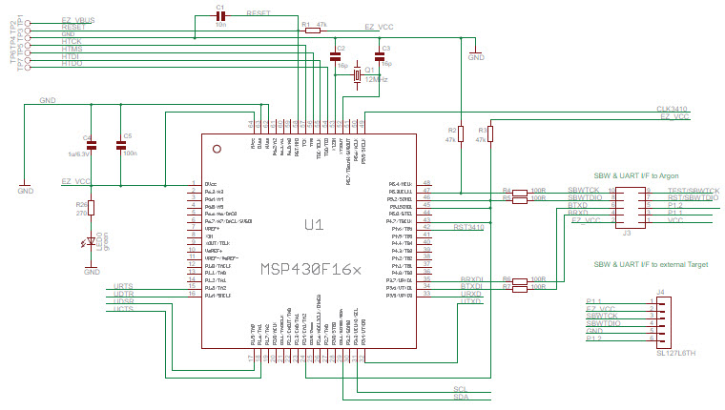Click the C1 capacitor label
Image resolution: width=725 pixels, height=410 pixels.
pos(219,7)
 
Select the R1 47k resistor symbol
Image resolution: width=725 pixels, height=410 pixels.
pos(313,31)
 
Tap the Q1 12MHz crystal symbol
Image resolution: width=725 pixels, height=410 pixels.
pos(358,75)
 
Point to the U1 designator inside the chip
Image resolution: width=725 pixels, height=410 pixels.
pos(313,225)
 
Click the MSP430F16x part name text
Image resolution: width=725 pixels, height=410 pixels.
pos(311,270)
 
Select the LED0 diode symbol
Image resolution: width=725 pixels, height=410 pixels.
pos(93,242)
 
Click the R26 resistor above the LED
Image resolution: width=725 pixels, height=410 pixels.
pos(93,207)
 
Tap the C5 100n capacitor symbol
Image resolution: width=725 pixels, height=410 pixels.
pos(120,146)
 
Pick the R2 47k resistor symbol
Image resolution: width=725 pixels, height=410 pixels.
pos(460,133)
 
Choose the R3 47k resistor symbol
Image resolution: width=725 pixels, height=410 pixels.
pos(489,133)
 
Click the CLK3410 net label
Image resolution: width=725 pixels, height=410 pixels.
pos(673,110)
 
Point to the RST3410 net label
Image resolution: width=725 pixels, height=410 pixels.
pos(469,228)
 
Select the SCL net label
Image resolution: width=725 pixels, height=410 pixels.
pos(461,389)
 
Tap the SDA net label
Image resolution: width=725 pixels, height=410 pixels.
pos(461,398)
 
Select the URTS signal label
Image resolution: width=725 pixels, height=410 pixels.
pos(123,286)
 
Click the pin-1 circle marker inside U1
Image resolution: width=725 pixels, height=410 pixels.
pos(217,150)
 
